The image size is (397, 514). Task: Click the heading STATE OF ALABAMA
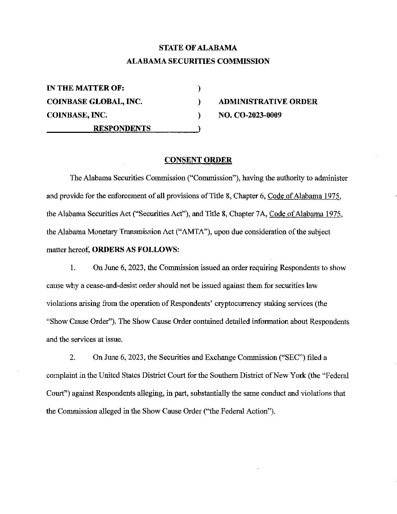(198, 48)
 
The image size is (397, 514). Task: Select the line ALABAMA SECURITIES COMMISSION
(198, 61)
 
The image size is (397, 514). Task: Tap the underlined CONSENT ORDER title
(198, 160)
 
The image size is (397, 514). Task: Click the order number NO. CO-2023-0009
(250, 115)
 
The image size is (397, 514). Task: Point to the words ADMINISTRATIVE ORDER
(268, 102)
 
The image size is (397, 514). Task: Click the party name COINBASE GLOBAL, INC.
(95, 102)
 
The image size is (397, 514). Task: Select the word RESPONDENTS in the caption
(122, 128)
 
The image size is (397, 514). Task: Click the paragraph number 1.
(73, 268)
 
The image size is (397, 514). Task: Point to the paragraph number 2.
(73, 357)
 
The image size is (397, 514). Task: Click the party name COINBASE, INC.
(77, 115)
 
